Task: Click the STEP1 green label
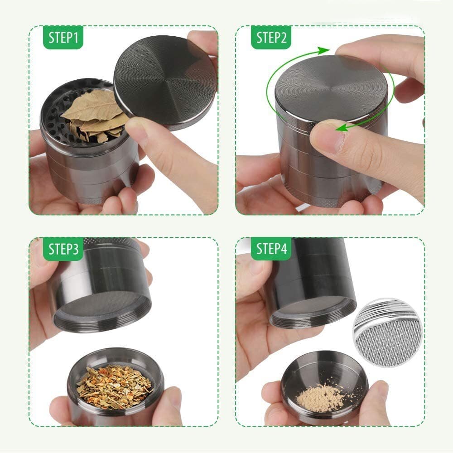63,38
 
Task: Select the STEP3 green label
63,249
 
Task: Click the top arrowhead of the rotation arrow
322,50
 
